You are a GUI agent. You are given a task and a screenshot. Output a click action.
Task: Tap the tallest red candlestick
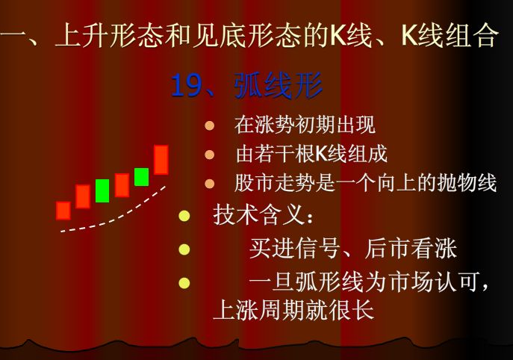pos(161,159)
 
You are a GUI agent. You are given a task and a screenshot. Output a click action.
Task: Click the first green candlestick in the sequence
pos(102,190)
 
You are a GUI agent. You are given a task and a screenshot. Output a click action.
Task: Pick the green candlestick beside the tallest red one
pos(141,177)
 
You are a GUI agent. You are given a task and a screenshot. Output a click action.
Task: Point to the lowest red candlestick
pos(63,210)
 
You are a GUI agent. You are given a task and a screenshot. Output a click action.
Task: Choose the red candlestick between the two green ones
pos(122,184)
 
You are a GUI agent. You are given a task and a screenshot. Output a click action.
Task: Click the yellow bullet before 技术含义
pos(184,217)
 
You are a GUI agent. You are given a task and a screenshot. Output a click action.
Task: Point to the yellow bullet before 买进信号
pos(184,248)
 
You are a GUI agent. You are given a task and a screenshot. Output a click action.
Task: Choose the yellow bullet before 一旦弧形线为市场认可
pos(184,282)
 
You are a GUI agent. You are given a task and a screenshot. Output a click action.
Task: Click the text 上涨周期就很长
pos(293,310)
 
